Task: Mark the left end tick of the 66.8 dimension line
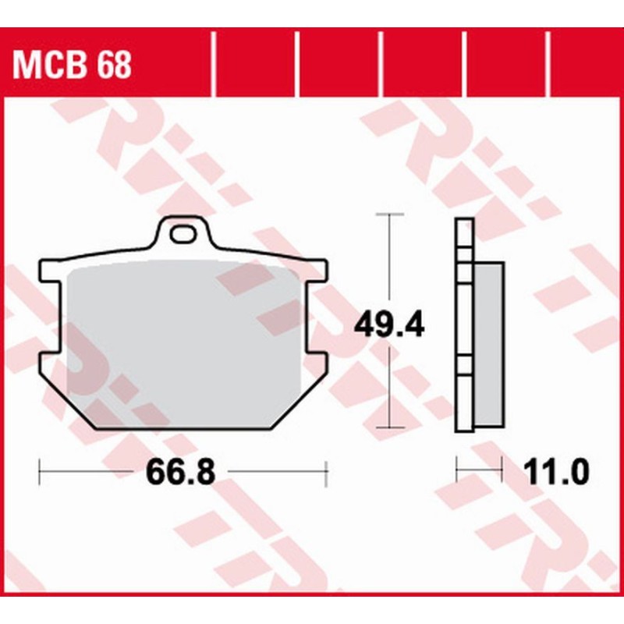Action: (x=39, y=471)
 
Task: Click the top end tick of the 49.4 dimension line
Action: (x=389, y=213)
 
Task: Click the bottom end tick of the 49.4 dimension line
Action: (x=389, y=428)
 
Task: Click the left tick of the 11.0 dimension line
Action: (x=457, y=471)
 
